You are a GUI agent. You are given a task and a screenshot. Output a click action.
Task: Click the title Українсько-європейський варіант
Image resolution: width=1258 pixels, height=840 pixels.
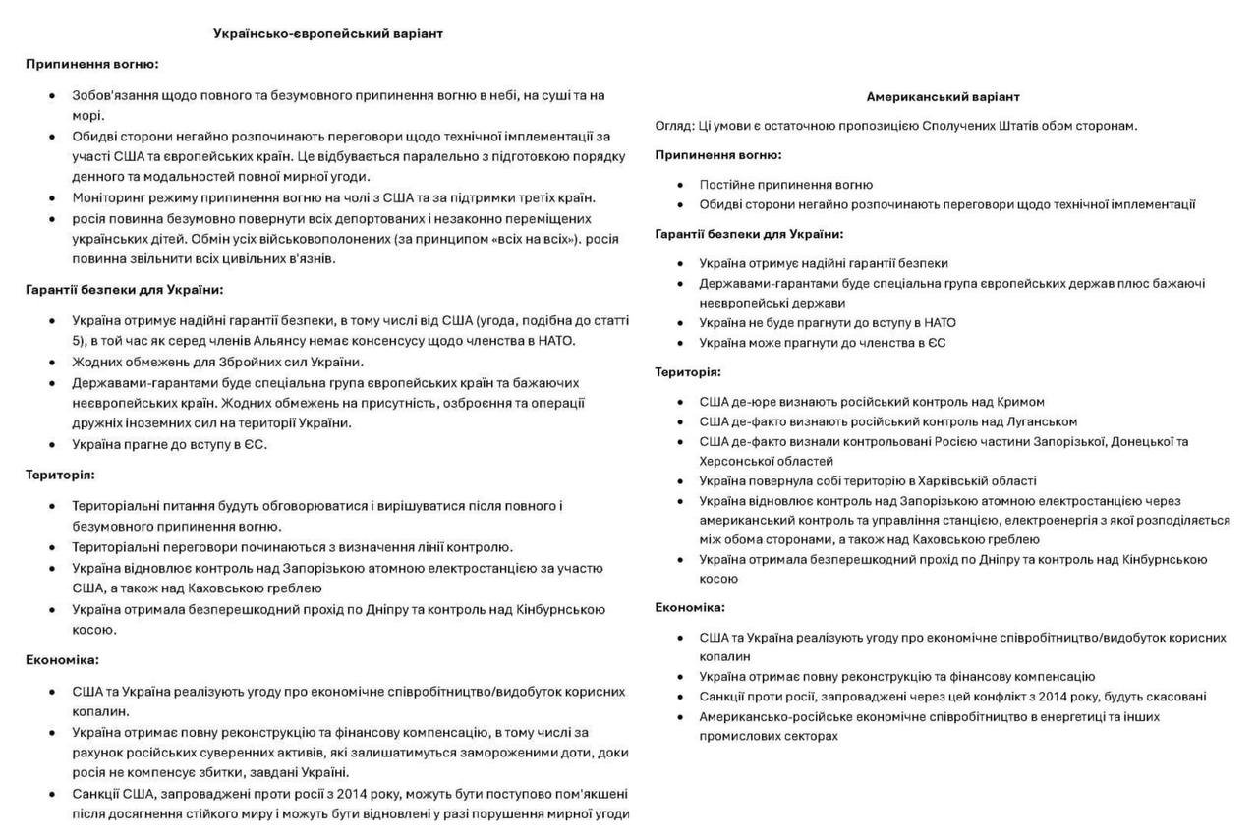coord(328,33)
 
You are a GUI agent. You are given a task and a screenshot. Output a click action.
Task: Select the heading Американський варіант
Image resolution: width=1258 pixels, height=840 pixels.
coord(943,97)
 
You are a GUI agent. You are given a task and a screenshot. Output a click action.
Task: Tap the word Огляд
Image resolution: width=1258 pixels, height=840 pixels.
coord(673,126)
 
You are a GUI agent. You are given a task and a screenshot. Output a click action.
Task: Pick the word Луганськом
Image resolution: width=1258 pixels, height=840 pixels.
coord(1041,421)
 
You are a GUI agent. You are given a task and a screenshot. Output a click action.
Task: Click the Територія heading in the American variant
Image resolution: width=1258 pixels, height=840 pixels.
coord(688,372)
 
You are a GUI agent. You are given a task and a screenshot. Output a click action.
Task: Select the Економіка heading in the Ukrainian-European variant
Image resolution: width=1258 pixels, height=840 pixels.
coord(62,660)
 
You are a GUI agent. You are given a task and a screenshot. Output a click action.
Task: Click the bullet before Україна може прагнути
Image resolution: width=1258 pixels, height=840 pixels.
coord(681,343)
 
